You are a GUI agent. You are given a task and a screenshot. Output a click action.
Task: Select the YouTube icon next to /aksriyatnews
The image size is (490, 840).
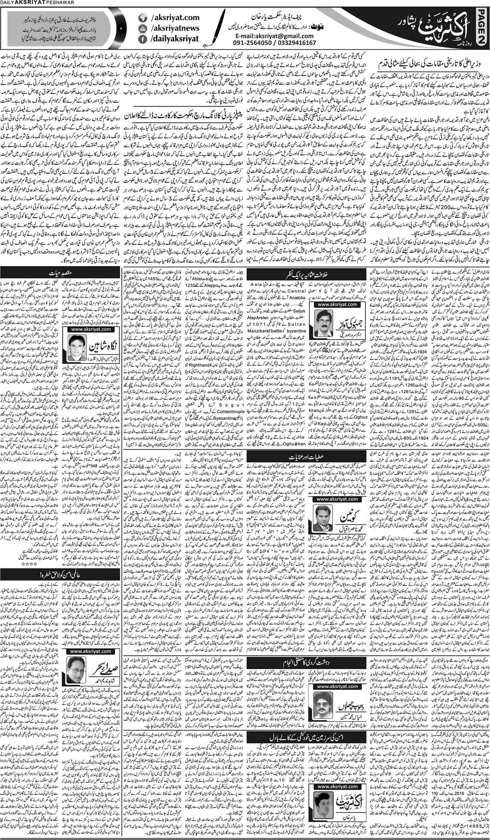pos(143,28)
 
